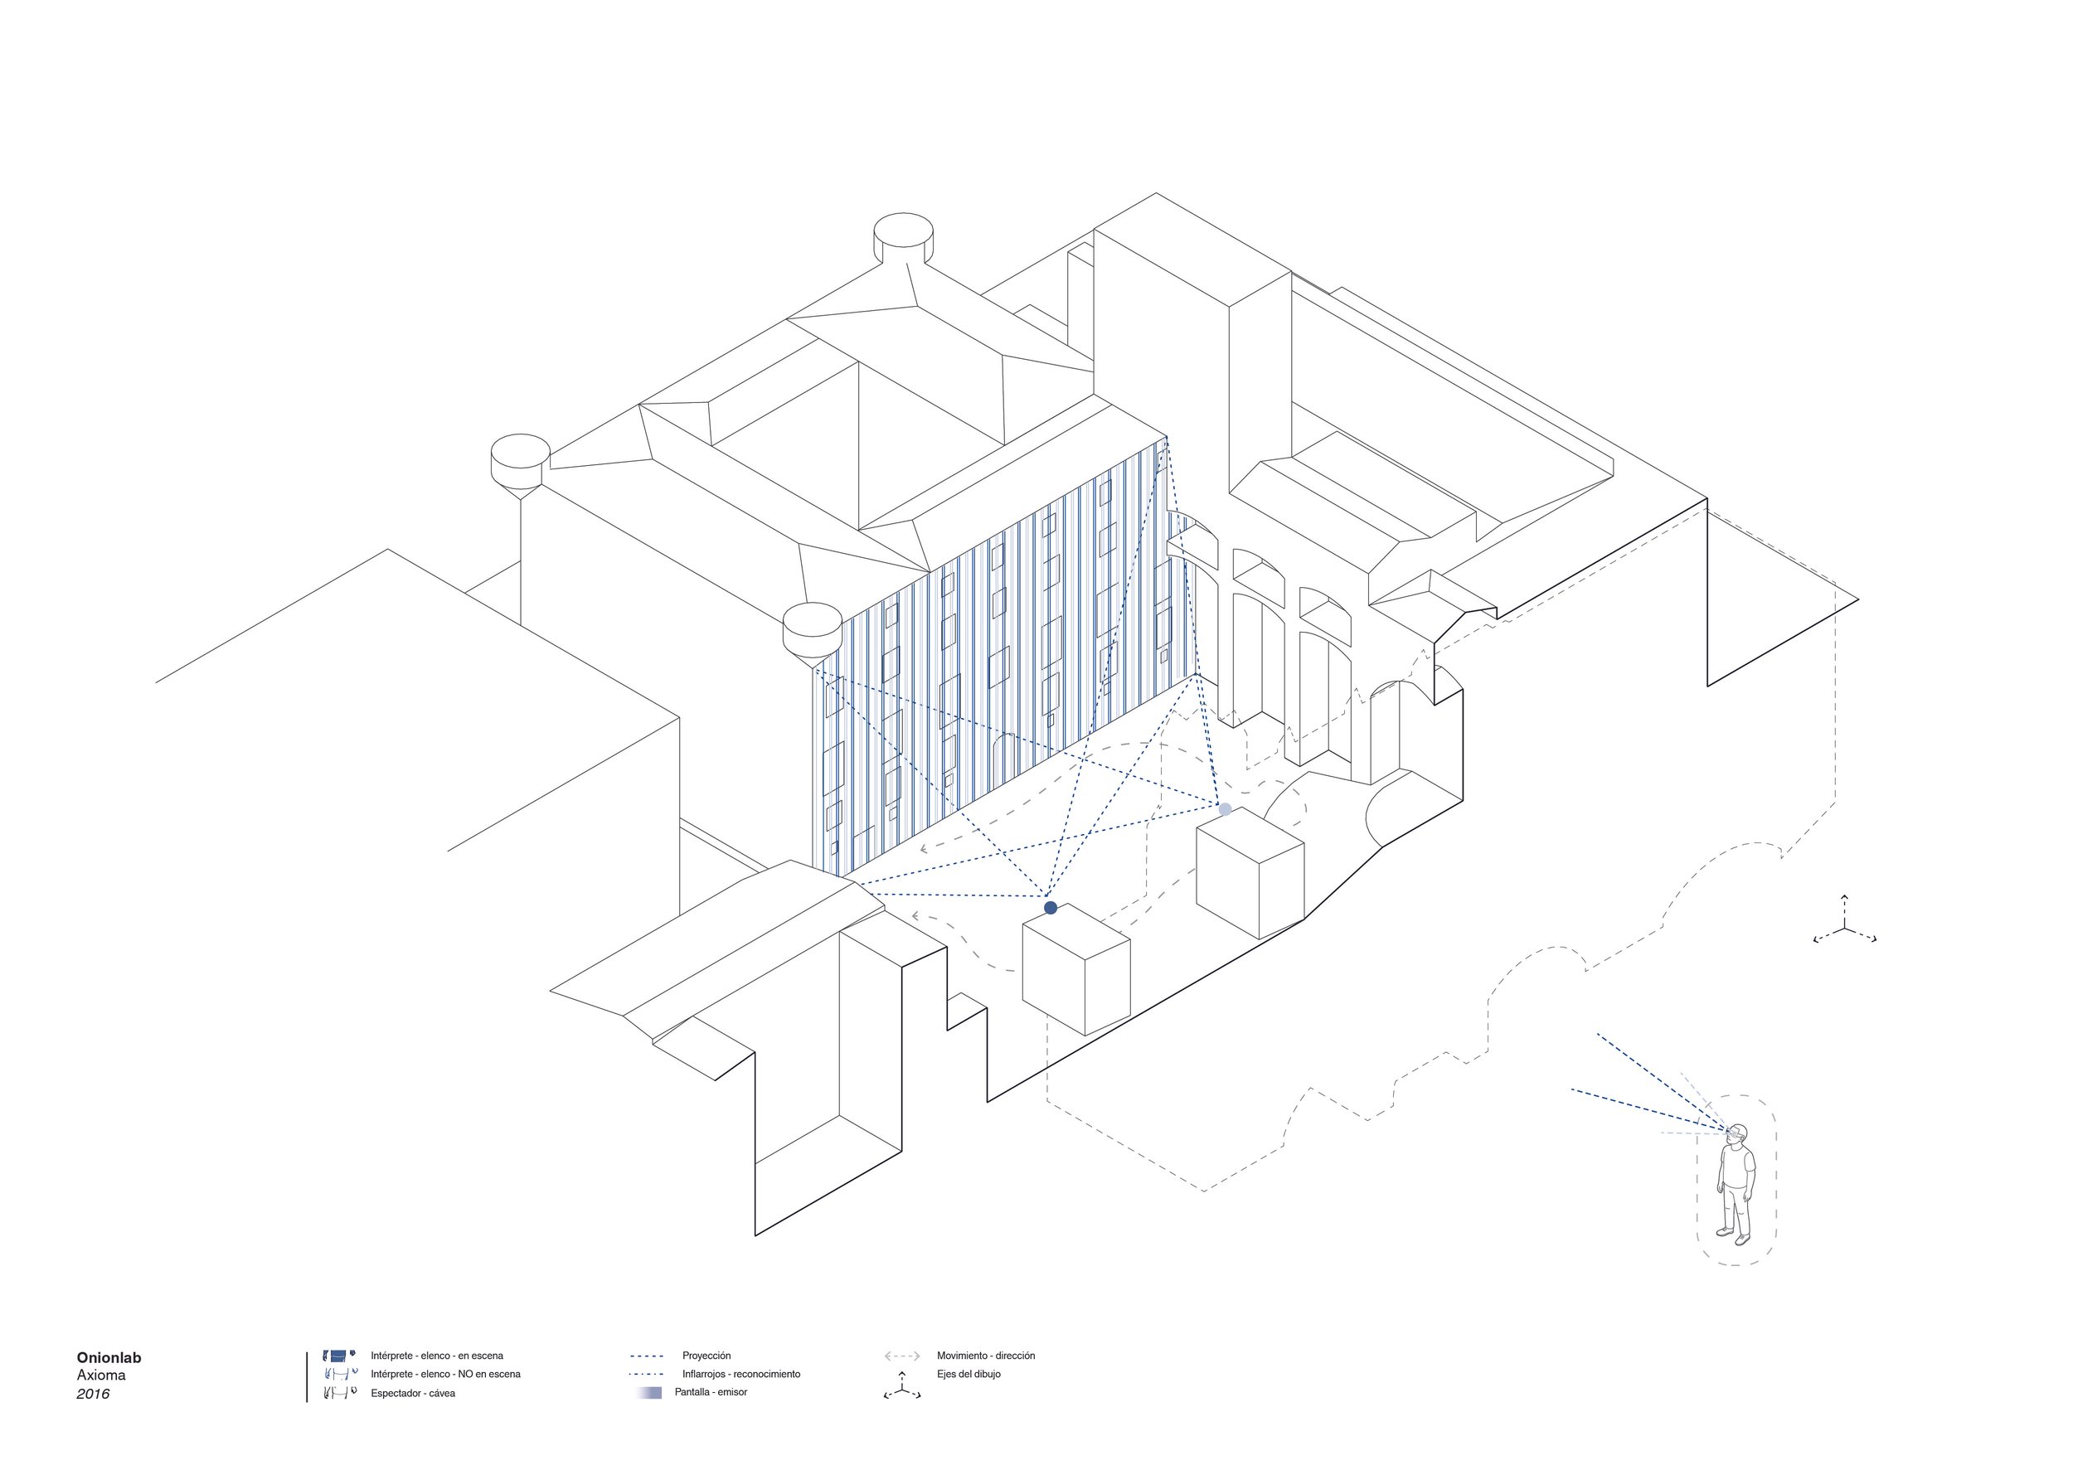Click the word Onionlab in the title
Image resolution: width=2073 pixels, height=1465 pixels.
(109, 1357)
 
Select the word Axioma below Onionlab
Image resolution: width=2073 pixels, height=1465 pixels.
(101, 1375)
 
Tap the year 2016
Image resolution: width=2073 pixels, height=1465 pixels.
(93, 1395)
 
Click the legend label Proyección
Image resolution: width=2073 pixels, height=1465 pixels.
(706, 1356)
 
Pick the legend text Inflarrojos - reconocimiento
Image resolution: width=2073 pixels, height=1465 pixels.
(740, 1375)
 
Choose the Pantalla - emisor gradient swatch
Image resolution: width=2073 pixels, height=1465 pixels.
(649, 1393)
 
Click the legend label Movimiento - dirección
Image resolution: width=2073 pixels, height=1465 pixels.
(985, 1356)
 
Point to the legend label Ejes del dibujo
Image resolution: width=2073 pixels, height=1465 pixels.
(968, 1375)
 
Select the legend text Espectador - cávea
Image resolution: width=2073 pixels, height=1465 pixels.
(413, 1394)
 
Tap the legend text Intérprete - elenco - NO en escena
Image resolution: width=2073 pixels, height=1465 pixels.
(445, 1375)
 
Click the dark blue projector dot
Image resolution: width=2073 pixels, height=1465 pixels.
(1050, 907)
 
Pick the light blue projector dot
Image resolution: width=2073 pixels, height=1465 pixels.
(1224, 810)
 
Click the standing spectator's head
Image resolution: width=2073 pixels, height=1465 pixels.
(1738, 1133)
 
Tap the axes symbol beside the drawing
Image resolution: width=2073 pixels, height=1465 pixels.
(1845, 929)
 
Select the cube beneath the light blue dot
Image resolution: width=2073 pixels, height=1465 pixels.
(1250, 872)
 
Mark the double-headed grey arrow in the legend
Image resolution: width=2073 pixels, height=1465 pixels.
(902, 1356)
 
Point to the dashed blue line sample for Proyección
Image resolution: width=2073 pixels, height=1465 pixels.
(647, 1356)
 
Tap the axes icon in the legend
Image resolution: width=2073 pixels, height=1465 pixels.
(901, 1385)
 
